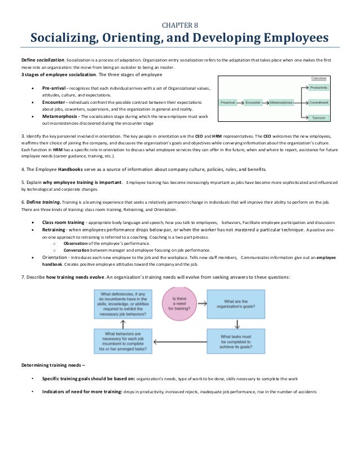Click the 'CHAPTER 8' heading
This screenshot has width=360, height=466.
tap(180, 25)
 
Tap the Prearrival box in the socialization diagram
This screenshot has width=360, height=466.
tap(229, 103)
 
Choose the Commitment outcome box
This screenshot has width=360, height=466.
tap(319, 103)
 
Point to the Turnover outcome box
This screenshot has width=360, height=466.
tap(319, 117)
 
